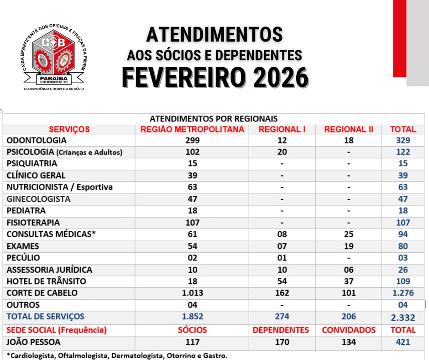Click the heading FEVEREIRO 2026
click(x=214, y=78)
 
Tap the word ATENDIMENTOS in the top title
click(x=214, y=34)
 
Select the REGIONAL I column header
click(x=282, y=129)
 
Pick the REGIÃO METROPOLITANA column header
click(x=192, y=129)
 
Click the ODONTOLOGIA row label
click(x=37, y=141)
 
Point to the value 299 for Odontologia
click(x=192, y=141)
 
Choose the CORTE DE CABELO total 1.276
click(x=403, y=293)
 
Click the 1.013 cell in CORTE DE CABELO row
click(x=192, y=293)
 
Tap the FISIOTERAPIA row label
click(x=33, y=222)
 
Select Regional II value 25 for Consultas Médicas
click(x=348, y=234)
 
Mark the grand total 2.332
click(x=403, y=317)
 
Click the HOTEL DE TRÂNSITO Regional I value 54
click(x=282, y=281)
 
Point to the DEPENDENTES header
click(x=281, y=330)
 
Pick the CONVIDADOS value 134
click(x=348, y=342)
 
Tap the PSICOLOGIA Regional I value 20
click(x=282, y=152)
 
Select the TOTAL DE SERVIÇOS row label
click(x=45, y=317)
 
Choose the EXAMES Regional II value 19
click(x=348, y=246)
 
